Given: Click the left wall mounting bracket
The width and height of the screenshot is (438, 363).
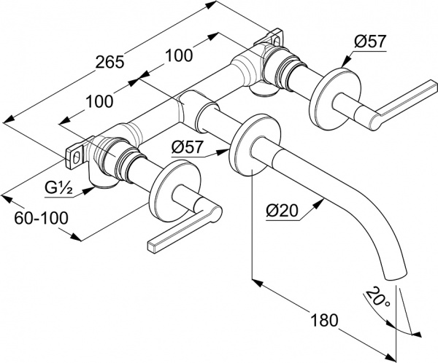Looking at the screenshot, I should coord(77,154).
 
